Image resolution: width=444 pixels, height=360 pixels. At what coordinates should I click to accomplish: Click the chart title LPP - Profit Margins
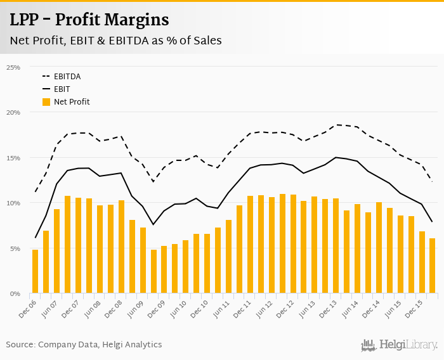point(89,20)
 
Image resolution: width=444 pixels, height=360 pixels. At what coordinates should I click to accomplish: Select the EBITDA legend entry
point(67,77)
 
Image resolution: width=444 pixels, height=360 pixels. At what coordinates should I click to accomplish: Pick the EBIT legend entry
point(62,89)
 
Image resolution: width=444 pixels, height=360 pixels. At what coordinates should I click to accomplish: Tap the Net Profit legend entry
point(71,102)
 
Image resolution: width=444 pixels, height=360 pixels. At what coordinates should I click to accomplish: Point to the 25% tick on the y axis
point(13,67)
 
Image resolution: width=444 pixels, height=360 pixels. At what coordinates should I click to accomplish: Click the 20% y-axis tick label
point(13,112)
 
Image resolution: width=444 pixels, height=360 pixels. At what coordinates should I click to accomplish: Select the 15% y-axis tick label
point(13,158)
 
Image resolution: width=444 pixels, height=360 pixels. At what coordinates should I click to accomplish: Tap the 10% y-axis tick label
point(13,203)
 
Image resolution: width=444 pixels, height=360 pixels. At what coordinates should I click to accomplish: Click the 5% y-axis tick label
point(15,248)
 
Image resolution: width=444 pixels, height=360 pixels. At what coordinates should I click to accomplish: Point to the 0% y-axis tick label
point(15,294)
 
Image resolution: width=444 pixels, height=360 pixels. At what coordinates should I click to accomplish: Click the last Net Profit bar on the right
point(433,266)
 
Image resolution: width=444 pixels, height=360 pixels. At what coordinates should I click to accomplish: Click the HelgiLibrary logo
point(400,345)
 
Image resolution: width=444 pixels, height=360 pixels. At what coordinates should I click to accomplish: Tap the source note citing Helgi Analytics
point(84,345)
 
